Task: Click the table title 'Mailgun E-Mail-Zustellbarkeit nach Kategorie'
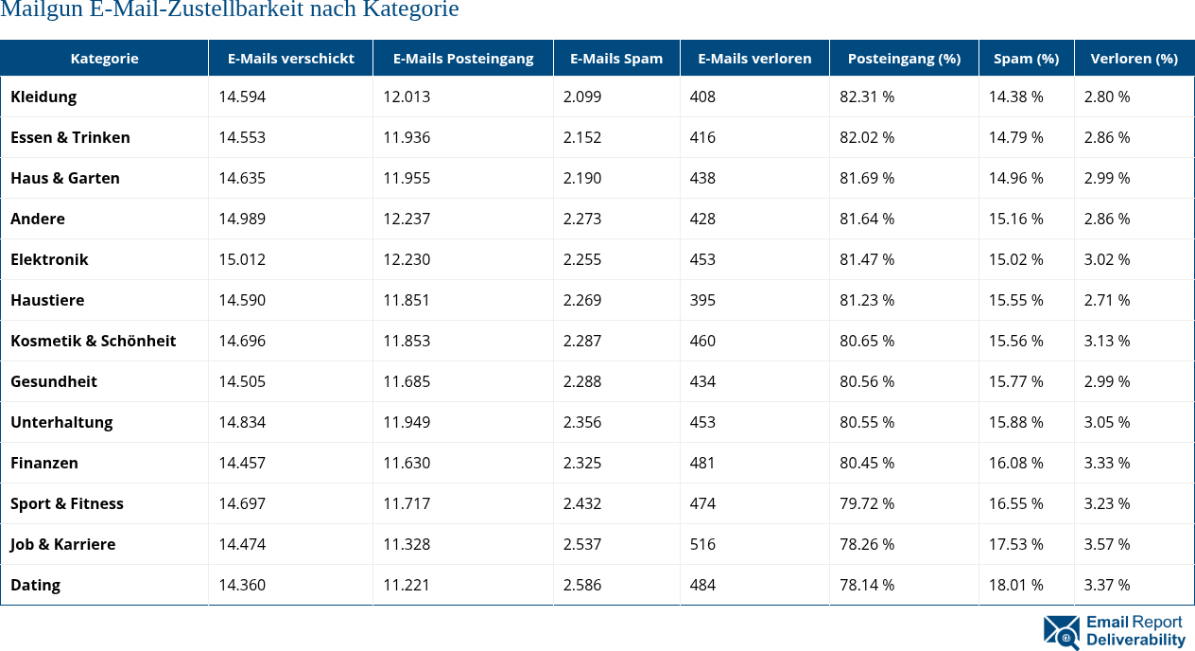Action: click(x=230, y=10)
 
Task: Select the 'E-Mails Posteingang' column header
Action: click(x=463, y=59)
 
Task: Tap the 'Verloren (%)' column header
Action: click(x=1134, y=59)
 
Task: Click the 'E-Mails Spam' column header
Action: click(x=616, y=59)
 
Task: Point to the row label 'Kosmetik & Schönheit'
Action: click(x=94, y=341)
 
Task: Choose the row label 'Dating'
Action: click(x=35, y=585)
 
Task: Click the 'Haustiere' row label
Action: click(x=47, y=300)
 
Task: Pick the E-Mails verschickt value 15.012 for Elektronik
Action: click(x=242, y=259)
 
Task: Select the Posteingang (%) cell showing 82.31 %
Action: click(x=867, y=97)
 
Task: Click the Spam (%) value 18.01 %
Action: click(x=1016, y=585)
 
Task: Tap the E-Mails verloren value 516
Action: click(x=702, y=544)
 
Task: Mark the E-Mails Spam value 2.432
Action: click(x=582, y=503)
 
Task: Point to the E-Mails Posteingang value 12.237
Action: click(x=407, y=219)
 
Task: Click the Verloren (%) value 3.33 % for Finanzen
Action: click(x=1107, y=463)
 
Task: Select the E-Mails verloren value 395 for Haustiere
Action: click(x=702, y=300)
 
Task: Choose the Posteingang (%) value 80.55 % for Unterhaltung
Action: click(x=867, y=422)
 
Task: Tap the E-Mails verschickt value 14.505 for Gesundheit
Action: click(x=242, y=381)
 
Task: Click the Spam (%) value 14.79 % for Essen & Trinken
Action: click(x=1016, y=137)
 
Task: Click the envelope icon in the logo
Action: click(x=1062, y=633)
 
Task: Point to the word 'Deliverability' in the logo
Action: click(x=1135, y=641)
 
